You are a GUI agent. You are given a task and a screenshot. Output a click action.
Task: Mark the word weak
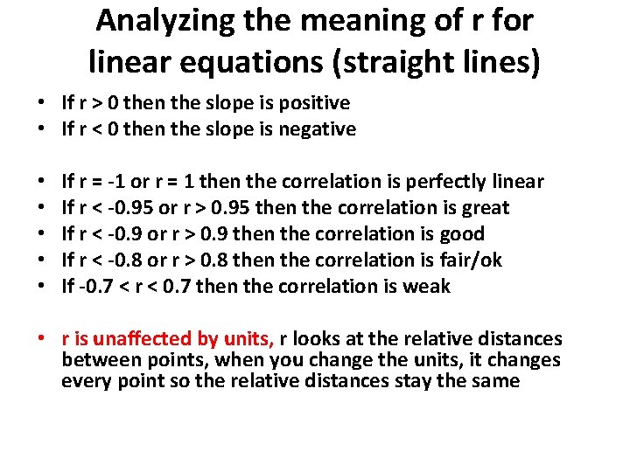coord(427,287)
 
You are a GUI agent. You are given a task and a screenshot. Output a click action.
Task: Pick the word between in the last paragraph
coord(94,360)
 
